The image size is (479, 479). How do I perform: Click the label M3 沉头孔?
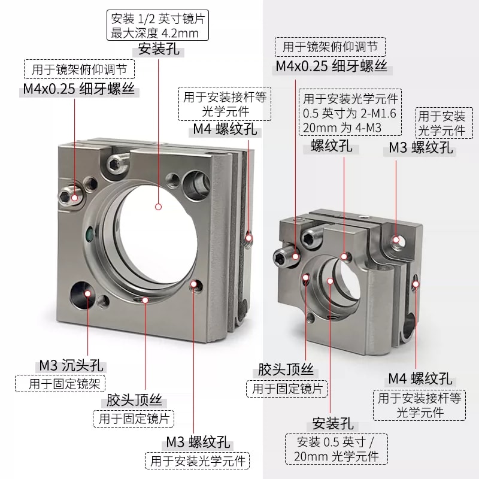[x=72, y=365]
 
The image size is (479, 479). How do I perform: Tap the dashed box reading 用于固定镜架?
[x=60, y=384]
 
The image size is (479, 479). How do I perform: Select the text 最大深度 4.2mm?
[x=154, y=33]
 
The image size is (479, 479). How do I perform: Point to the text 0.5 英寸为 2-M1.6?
[x=349, y=113]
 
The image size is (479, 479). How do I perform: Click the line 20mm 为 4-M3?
[x=342, y=128]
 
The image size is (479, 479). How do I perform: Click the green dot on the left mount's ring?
[x=89, y=235]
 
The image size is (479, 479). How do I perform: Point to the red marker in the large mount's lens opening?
[x=158, y=207]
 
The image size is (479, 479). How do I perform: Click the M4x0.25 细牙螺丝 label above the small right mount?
[x=332, y=66]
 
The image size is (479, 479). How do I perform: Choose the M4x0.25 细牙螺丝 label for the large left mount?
[x=79, y=89]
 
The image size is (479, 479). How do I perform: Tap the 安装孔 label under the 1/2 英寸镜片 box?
[x=159, y=49]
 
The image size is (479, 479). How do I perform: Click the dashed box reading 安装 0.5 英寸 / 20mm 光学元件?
[x=336, y=449]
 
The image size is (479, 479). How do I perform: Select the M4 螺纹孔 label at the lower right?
[x=420, y=378]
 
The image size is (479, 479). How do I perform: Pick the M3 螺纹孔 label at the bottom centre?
[x=198, y=442]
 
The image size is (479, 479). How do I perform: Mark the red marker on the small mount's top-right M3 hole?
[x=396, y=239]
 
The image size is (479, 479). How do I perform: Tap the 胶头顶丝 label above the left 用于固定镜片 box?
[x=134, y=400]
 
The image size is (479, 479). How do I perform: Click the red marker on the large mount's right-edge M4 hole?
[x=249, y=238]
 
